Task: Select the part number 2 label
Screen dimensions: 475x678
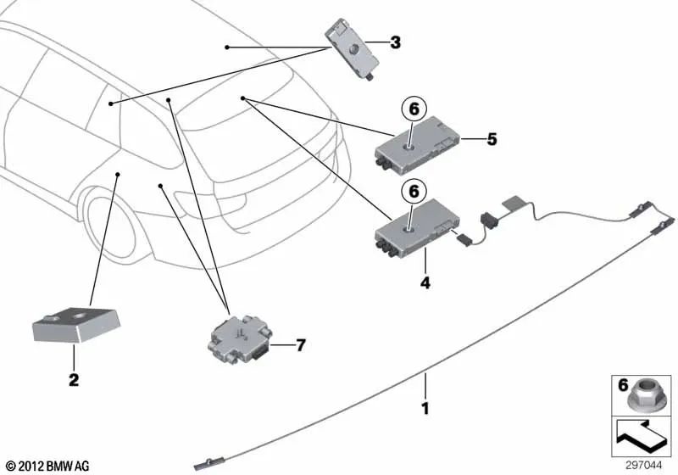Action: click(74, 381)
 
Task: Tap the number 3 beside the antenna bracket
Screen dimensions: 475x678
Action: click(395, 42)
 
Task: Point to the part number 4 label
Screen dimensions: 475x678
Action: click(425, 284)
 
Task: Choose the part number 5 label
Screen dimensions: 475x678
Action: click(492, 139)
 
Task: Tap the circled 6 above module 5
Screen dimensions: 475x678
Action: click(414, 109)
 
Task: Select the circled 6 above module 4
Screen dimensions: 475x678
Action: click(414, 193)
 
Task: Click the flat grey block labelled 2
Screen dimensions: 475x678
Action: click(76, 325)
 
